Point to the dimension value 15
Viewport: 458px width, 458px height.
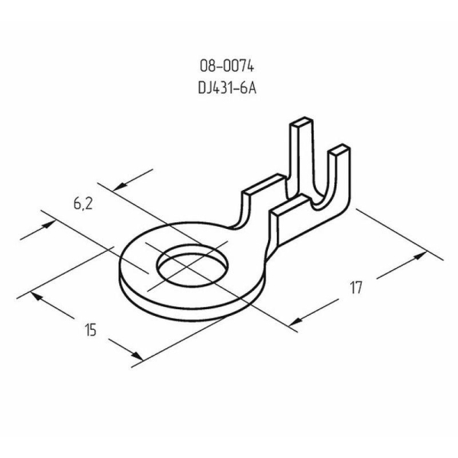[91, 330]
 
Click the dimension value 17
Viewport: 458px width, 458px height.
[356, 288]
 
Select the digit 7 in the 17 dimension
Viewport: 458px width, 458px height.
[359, 288]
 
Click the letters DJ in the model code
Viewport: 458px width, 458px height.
[203, 86]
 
